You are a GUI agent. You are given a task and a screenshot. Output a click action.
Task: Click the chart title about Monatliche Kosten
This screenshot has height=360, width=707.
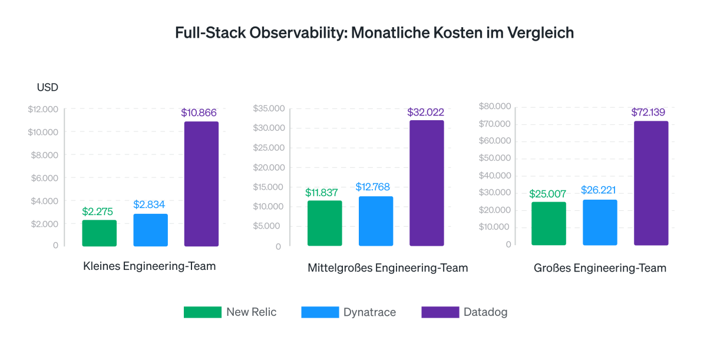tap(374, 32)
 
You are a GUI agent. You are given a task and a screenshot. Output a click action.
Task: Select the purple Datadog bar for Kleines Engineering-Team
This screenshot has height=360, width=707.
tap(201, 184)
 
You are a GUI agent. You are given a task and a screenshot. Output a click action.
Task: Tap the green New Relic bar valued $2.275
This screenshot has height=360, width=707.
tap(99, 233)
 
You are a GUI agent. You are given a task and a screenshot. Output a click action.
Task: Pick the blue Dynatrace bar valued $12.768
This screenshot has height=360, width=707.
tap(376, 221)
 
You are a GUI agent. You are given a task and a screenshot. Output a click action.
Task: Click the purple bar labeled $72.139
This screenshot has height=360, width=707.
tap(651, 183)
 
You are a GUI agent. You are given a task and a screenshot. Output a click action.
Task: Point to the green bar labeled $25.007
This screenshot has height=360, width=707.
tap(549, 223)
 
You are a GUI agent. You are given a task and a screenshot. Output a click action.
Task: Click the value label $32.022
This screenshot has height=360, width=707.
tap(425, 112)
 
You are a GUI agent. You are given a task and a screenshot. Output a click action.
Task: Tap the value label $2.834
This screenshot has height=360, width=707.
tap(149, 204)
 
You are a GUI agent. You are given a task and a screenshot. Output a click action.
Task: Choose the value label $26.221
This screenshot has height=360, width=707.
tap(599, 190)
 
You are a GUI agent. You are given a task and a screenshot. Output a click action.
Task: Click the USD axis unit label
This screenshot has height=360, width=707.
tap(48, 88)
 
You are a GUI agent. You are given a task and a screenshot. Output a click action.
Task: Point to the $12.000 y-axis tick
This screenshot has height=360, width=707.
tap(43, 109)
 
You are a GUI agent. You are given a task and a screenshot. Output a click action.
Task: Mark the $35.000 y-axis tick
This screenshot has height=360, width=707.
tap(269, 108)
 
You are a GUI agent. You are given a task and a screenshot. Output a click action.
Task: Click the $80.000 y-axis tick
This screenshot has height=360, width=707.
tap(494, 106)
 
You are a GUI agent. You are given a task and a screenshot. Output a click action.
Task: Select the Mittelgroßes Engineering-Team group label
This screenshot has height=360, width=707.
tap(388, 268)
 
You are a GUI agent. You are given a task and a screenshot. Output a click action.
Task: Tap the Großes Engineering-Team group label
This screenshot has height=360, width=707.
tap(600, 268)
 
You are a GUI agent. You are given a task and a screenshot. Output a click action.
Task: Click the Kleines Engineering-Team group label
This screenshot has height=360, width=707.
tap(150, 266)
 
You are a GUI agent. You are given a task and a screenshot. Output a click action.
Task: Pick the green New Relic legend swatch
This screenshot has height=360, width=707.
tap(202, 312)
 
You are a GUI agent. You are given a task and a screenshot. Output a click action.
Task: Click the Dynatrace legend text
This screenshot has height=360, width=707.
tap(369, 312)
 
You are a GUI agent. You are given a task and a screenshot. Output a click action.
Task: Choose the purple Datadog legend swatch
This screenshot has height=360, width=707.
tap(440, 312)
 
